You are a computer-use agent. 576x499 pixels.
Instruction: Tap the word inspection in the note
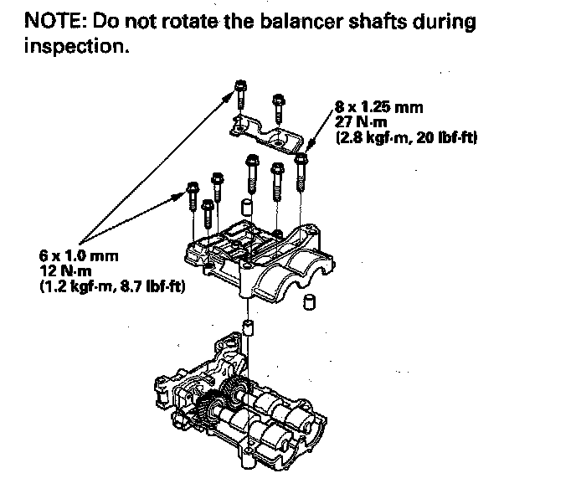point(76,47)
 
